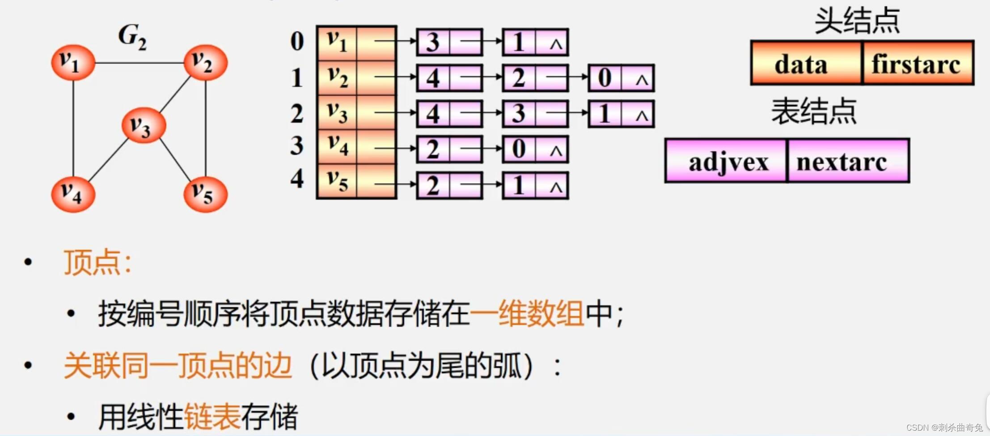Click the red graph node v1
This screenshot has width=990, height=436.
tap(73, 63)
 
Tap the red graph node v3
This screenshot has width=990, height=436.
tap(144, 125)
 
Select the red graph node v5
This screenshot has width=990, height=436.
tap(205, 194)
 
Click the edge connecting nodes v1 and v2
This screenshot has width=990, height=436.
tap(140, 63)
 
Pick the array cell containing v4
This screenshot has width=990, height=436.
tap(337, 146)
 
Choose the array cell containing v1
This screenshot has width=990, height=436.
tap(337, 42)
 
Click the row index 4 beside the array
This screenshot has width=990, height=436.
tap(297, 179)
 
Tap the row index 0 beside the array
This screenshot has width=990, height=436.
tap(297, 41)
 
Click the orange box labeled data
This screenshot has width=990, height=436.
tap(806, 63)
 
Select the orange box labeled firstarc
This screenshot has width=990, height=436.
tap(918, 63)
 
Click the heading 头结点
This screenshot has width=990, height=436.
tap(857, 21)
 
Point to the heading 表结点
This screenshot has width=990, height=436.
tap(814, 111)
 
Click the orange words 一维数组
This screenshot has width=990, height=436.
tap(527, 313)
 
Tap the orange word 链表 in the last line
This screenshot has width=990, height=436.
tap(212, 416)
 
